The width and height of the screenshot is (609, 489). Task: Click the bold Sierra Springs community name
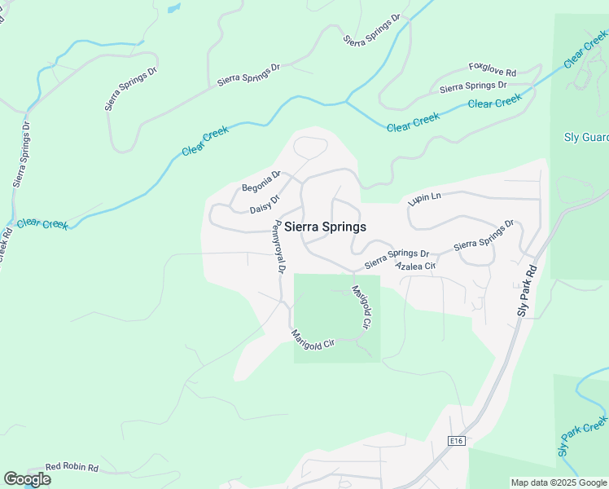(325, 227)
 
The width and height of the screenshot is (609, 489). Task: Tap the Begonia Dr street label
(261, 181)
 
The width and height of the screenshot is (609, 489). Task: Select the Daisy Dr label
(265, 204)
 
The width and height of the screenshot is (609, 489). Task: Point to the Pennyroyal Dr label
(279, 246)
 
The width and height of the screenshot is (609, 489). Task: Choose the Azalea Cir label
(416, 267)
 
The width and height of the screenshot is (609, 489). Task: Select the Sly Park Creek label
(583, 438)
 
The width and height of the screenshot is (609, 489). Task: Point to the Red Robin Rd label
(72, 468)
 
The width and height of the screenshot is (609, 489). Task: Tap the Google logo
(27, 479)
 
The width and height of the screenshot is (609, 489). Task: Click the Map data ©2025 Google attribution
(559, 482)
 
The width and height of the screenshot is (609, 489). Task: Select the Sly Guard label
(586, 138)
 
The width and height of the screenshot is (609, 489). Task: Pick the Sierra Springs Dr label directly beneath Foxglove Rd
(473, 86)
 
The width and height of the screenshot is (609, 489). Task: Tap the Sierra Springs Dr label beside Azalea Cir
(397, 258)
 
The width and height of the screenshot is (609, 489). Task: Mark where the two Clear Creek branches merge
(348, 103)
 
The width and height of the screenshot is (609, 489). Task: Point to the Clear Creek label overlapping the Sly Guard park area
(585, 51)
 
